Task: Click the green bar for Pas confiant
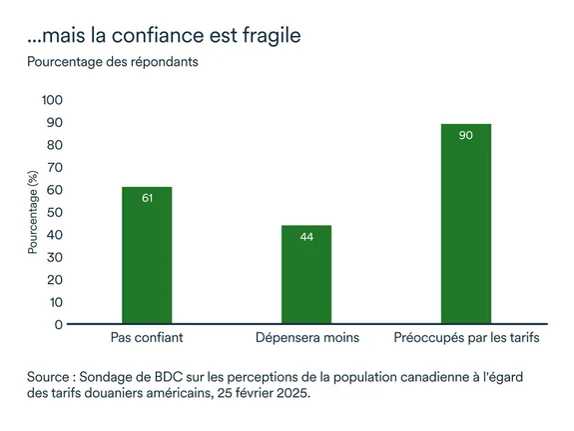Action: [147, 255]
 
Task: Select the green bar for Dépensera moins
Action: [306, 274]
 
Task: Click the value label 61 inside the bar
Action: [147, 198]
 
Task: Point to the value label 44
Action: [306, 236]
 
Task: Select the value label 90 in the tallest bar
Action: [466, 134]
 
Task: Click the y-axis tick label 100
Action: [51, 100]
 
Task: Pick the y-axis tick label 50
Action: [55, 212]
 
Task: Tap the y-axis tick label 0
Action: [59, 324]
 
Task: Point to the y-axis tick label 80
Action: [55, 145]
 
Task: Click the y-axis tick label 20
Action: [55, 279]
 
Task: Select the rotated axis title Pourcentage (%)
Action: [33, 212]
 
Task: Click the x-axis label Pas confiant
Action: [147, 338]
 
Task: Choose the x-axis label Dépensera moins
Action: [306, 338]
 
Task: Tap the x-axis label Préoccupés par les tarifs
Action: [466, 338]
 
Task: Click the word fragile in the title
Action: [267, 35]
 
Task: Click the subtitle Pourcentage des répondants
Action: [113, 62]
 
